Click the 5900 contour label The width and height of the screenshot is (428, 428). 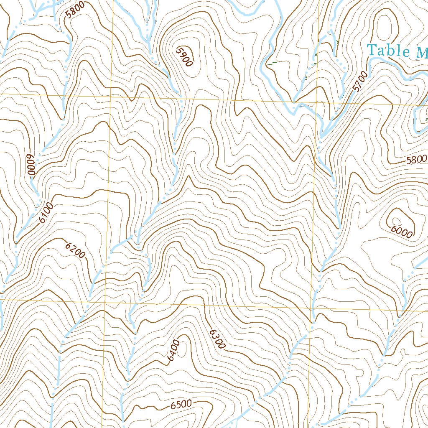184,56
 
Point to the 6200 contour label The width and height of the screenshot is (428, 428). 75,250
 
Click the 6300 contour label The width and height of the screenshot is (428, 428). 217,339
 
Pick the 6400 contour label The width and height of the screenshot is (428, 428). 172,352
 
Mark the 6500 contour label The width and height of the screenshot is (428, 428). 181,405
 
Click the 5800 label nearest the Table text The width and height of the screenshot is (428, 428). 416,159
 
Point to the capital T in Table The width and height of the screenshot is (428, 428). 372,50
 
